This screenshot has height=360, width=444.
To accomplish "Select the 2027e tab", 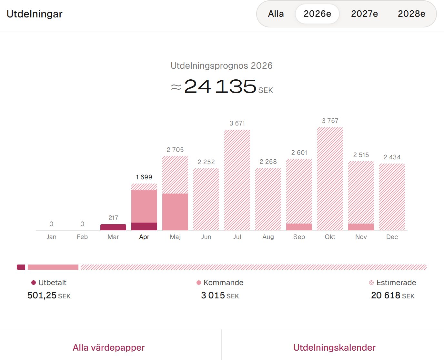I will (x=364, y=14).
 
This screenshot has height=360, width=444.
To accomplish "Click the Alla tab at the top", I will (x=276, y=14).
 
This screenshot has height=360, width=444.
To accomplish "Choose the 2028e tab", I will (x=411, y=14).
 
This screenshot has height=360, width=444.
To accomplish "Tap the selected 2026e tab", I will (x=317, y=14).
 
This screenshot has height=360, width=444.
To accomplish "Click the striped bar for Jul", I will (x=237, y=180).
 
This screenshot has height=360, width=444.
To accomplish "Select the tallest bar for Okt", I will (x=330, y=179).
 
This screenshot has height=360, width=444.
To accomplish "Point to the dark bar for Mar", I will (x=113, y=227).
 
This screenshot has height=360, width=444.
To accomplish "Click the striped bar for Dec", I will (x=392, y=197).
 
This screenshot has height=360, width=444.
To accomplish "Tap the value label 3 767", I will (x=330, y=121).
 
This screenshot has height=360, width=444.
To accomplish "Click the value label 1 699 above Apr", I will (x=144, y=177).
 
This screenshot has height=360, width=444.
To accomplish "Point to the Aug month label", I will (x=268, y=237).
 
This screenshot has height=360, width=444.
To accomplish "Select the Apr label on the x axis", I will (x=144, y=237).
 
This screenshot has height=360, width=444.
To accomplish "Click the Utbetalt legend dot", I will (x=34, y=283).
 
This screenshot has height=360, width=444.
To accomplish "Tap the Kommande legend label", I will (x=223, y=283).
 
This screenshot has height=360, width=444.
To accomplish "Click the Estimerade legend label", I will (x=396, y=283).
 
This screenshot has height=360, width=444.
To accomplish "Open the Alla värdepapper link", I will (x=109, y=347).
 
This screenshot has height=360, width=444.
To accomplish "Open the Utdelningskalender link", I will (x=334, y=347).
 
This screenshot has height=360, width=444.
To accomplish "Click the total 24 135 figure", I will (x=220, y=86).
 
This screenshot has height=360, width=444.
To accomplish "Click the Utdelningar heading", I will (x=35, y=14).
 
